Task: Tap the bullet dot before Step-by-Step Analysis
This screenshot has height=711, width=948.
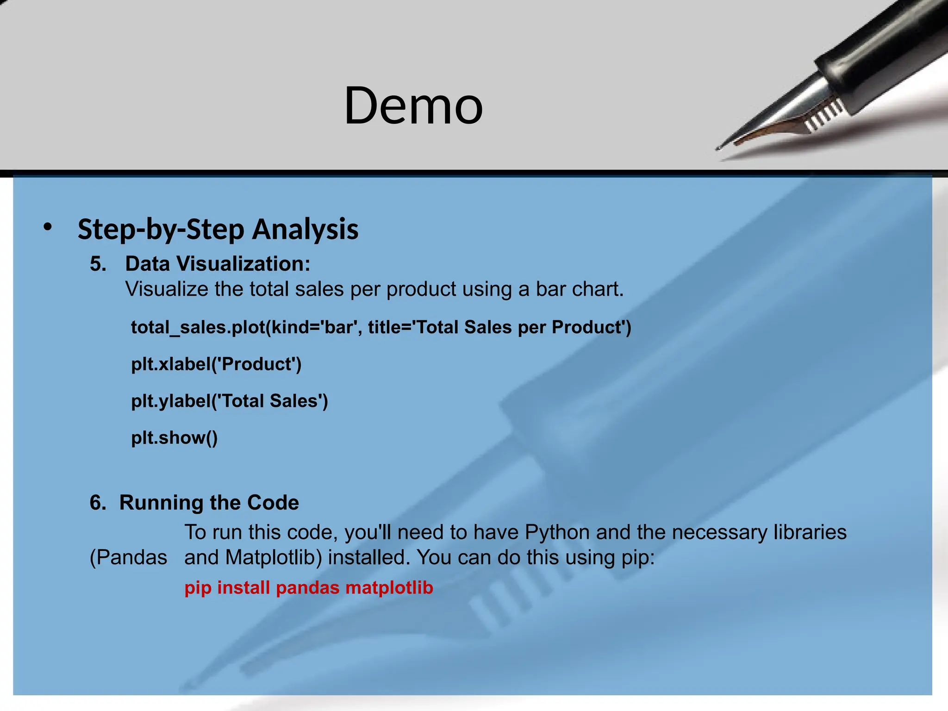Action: pos(48,227)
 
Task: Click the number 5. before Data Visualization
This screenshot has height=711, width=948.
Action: pos(98,264)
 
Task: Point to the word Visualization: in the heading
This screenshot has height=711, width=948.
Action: pos(243,264)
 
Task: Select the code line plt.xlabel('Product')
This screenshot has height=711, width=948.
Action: pos(216,364)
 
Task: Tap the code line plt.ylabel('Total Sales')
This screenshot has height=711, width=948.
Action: pos(229,401)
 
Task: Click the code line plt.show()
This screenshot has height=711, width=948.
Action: pos(174,437)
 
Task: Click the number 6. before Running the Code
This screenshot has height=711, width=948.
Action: pos(98,503)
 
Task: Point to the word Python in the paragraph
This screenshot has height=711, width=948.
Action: pos(557,533)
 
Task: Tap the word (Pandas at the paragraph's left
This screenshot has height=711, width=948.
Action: pos(128,558)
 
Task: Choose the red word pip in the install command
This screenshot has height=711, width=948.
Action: pos(198,588)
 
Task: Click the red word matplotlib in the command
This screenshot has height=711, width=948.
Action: pos(389,588)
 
